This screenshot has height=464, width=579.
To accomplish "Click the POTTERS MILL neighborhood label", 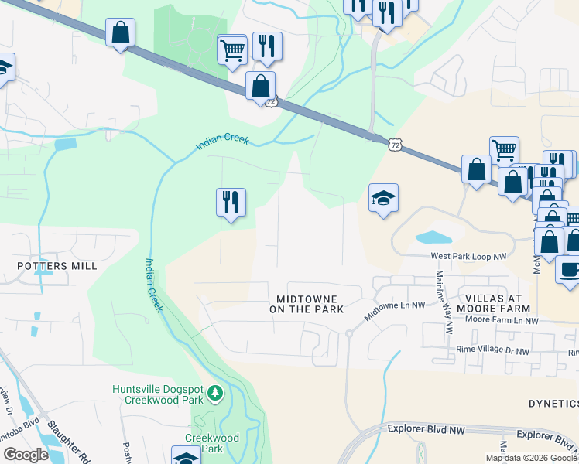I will (58, 266).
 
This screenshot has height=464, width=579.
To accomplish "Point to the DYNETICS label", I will (553, 404).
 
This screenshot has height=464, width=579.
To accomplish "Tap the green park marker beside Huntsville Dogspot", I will (214, 394).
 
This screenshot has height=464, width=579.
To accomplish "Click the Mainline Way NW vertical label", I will (443, 302).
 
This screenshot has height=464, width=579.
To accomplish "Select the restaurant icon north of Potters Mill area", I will (231, 203).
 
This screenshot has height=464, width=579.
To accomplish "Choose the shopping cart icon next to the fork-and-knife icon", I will (232, 50).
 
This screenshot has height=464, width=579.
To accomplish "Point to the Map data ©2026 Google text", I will (531, 458).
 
